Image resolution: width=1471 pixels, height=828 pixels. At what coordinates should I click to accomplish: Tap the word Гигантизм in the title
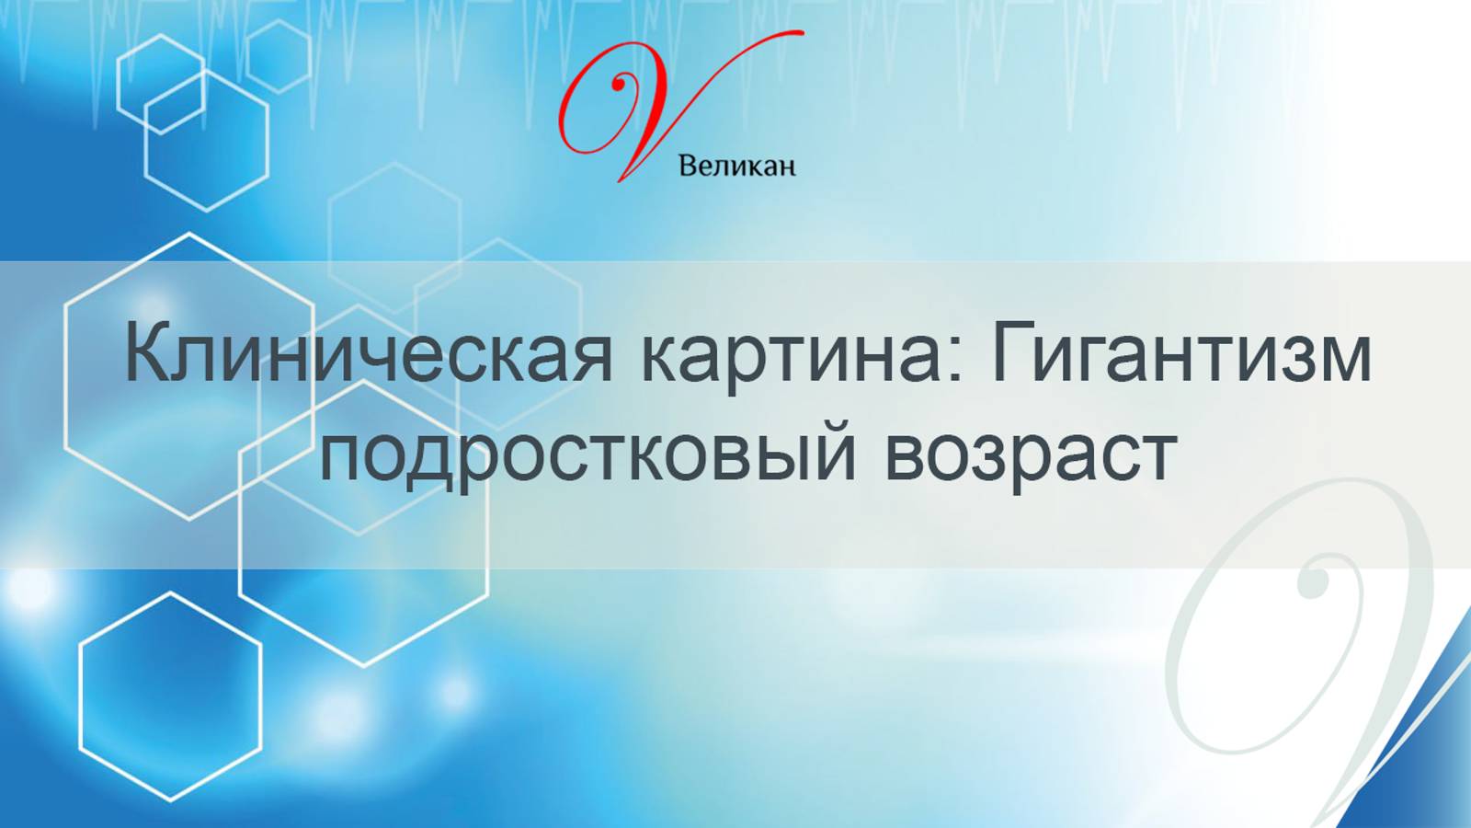point(1181,354)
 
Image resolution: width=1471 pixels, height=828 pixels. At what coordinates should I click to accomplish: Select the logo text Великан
point(736,167)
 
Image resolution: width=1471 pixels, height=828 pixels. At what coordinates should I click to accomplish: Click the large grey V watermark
point(1306,644)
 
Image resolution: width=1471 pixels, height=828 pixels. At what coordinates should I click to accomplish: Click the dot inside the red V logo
point(619,85)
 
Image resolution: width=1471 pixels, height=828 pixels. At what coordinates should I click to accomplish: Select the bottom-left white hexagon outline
point(171,696)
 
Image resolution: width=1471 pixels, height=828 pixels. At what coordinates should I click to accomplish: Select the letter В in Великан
point(687,167)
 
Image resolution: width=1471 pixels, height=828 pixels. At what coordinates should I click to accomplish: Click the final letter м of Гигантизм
point(1344,359)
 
